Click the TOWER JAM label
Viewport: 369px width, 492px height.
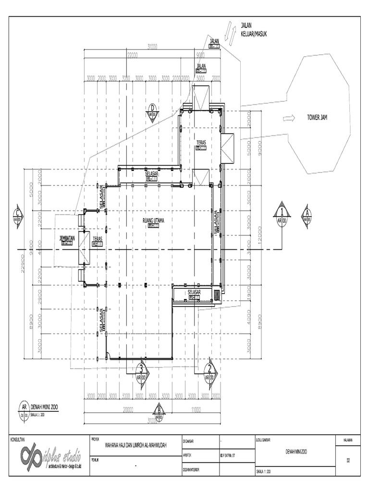click(x=317, y=117)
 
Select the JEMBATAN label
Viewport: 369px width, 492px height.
click(x=67, y=238)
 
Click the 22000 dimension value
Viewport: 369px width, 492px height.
click(x=133, y=56)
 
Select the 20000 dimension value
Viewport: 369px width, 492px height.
click(x=128, y=409)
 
